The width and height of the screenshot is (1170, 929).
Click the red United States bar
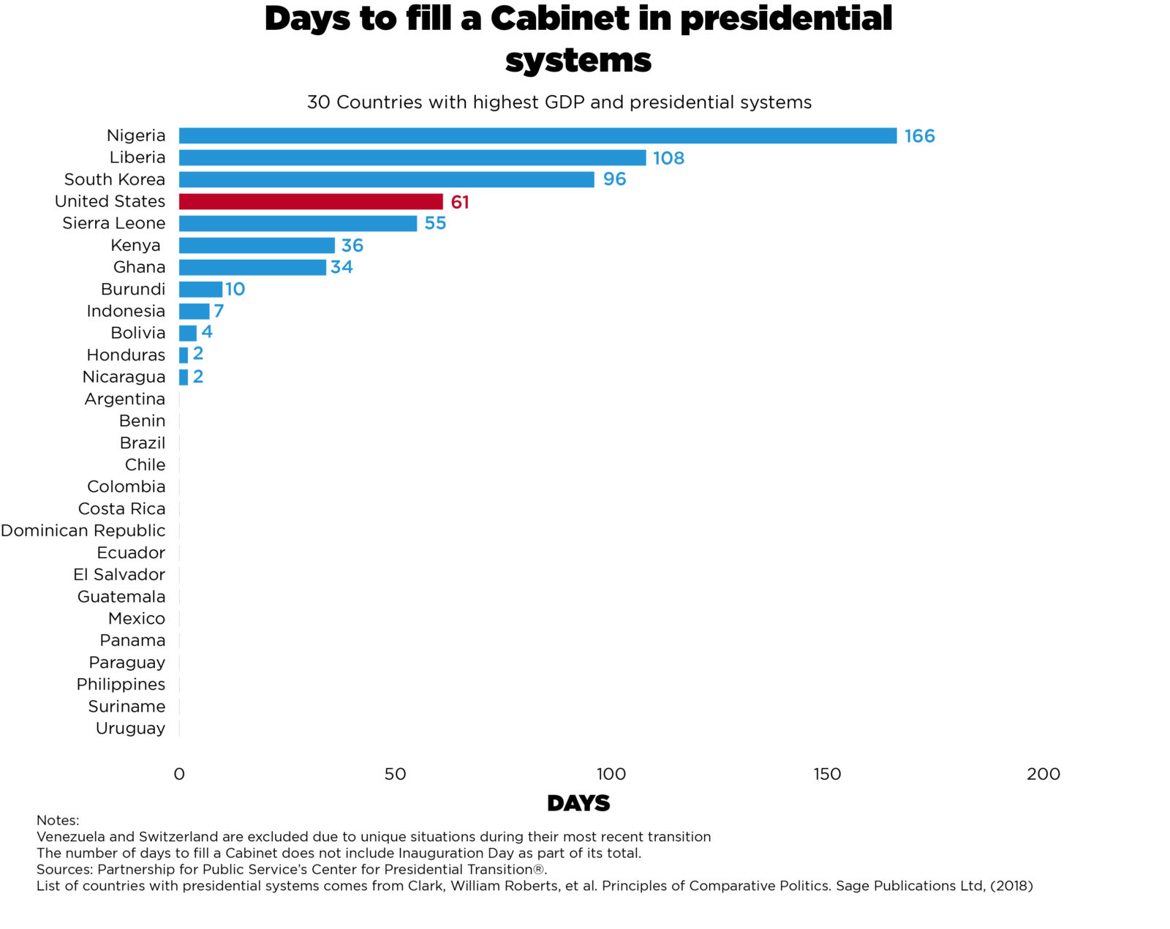pos(311,201)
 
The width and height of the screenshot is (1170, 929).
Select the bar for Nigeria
pos(537,135)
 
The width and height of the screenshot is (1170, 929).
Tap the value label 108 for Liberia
pos(668,158)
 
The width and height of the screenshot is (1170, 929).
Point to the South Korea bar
pos(386,179)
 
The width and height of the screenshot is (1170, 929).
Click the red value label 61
pos(460,202)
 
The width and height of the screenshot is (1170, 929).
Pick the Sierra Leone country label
pos(113,223)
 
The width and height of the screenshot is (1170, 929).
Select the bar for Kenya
pos(257,245)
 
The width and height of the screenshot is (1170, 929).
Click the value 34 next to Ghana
pos(341,267)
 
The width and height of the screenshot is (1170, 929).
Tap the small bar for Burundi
pos(200,289)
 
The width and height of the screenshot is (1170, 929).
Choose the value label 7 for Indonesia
pos(219,311)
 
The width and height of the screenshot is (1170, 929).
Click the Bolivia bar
pos(188,333)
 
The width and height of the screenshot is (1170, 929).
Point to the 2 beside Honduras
pos(198,354)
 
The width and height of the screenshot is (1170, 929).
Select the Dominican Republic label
pos(83,530)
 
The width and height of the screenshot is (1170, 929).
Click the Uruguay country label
pos(130,729)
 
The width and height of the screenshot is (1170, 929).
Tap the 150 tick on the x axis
pos(827,774)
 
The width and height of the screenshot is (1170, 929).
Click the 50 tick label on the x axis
pos(395,774)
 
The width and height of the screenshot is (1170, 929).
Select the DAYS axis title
pos(578,803)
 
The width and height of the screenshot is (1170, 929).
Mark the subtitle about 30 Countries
pos(559,102)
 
